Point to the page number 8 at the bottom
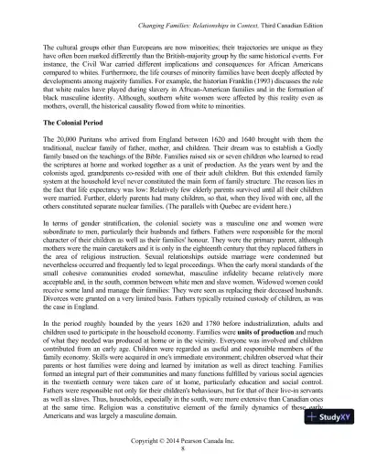(x=183, y=448)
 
